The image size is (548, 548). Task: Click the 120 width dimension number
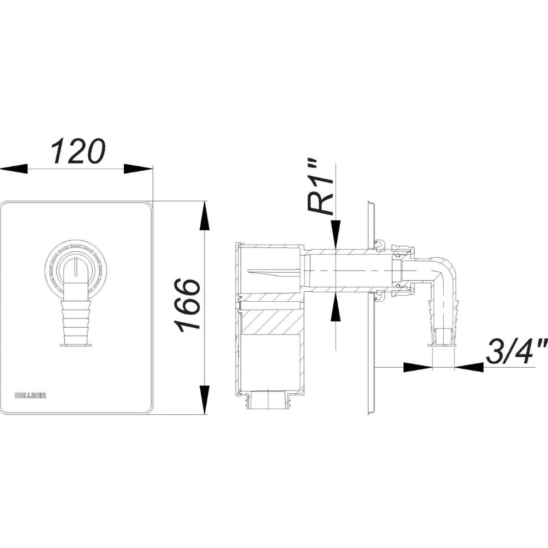point(78,151)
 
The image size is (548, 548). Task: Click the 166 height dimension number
point(189,305)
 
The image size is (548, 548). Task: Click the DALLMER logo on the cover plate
point(31,395)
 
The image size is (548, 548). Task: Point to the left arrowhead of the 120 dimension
point(14,169)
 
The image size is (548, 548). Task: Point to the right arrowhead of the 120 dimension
point(139,169)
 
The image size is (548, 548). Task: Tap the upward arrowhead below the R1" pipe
point(335,307)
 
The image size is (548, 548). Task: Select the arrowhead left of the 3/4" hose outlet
point(418,367)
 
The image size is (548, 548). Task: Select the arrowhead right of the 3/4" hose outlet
point(469,367)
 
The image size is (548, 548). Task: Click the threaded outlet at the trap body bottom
point(269,400)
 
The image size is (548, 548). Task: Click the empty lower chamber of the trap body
point(270,362)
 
